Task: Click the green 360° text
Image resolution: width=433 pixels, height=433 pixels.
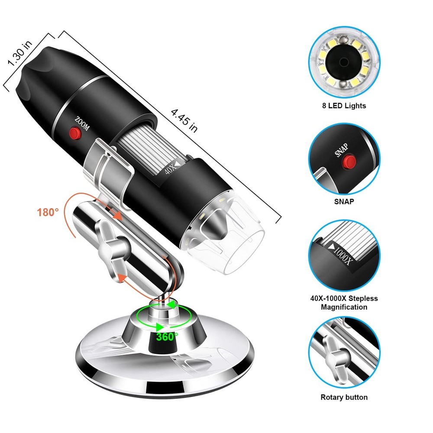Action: pos(167,336)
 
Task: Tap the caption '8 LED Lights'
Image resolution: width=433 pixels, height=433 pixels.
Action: pos(344,106)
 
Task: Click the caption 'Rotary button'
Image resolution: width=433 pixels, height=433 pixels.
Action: pos(344,397)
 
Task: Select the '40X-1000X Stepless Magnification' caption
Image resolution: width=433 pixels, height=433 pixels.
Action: pos(344,303)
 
